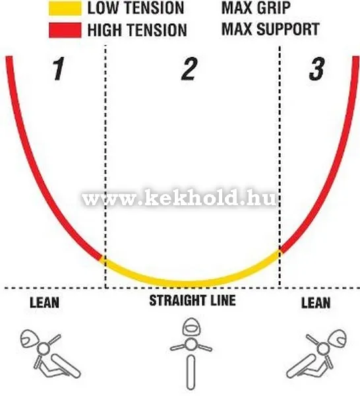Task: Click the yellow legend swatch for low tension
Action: [x=65, y=8]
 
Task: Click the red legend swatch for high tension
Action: [x=65, y=30]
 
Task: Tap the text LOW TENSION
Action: [x=136, y=8]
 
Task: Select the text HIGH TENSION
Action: [x=137, y=30]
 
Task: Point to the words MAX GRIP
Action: [x=256, y=8]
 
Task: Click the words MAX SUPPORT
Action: [x=270, y=29]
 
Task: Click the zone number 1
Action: [x=59, y=69]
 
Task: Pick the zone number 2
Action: [x=189, y=69]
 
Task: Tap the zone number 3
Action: [x=317, y=69]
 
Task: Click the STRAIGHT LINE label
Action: [x=193, y=300]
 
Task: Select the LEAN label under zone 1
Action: [x=45, y=302]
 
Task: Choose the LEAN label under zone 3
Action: [x=316, y=302]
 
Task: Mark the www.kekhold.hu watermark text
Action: [x=179, y=199]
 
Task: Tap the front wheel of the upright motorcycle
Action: [x=191, y=372]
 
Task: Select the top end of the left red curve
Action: [x=9, y=57]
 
